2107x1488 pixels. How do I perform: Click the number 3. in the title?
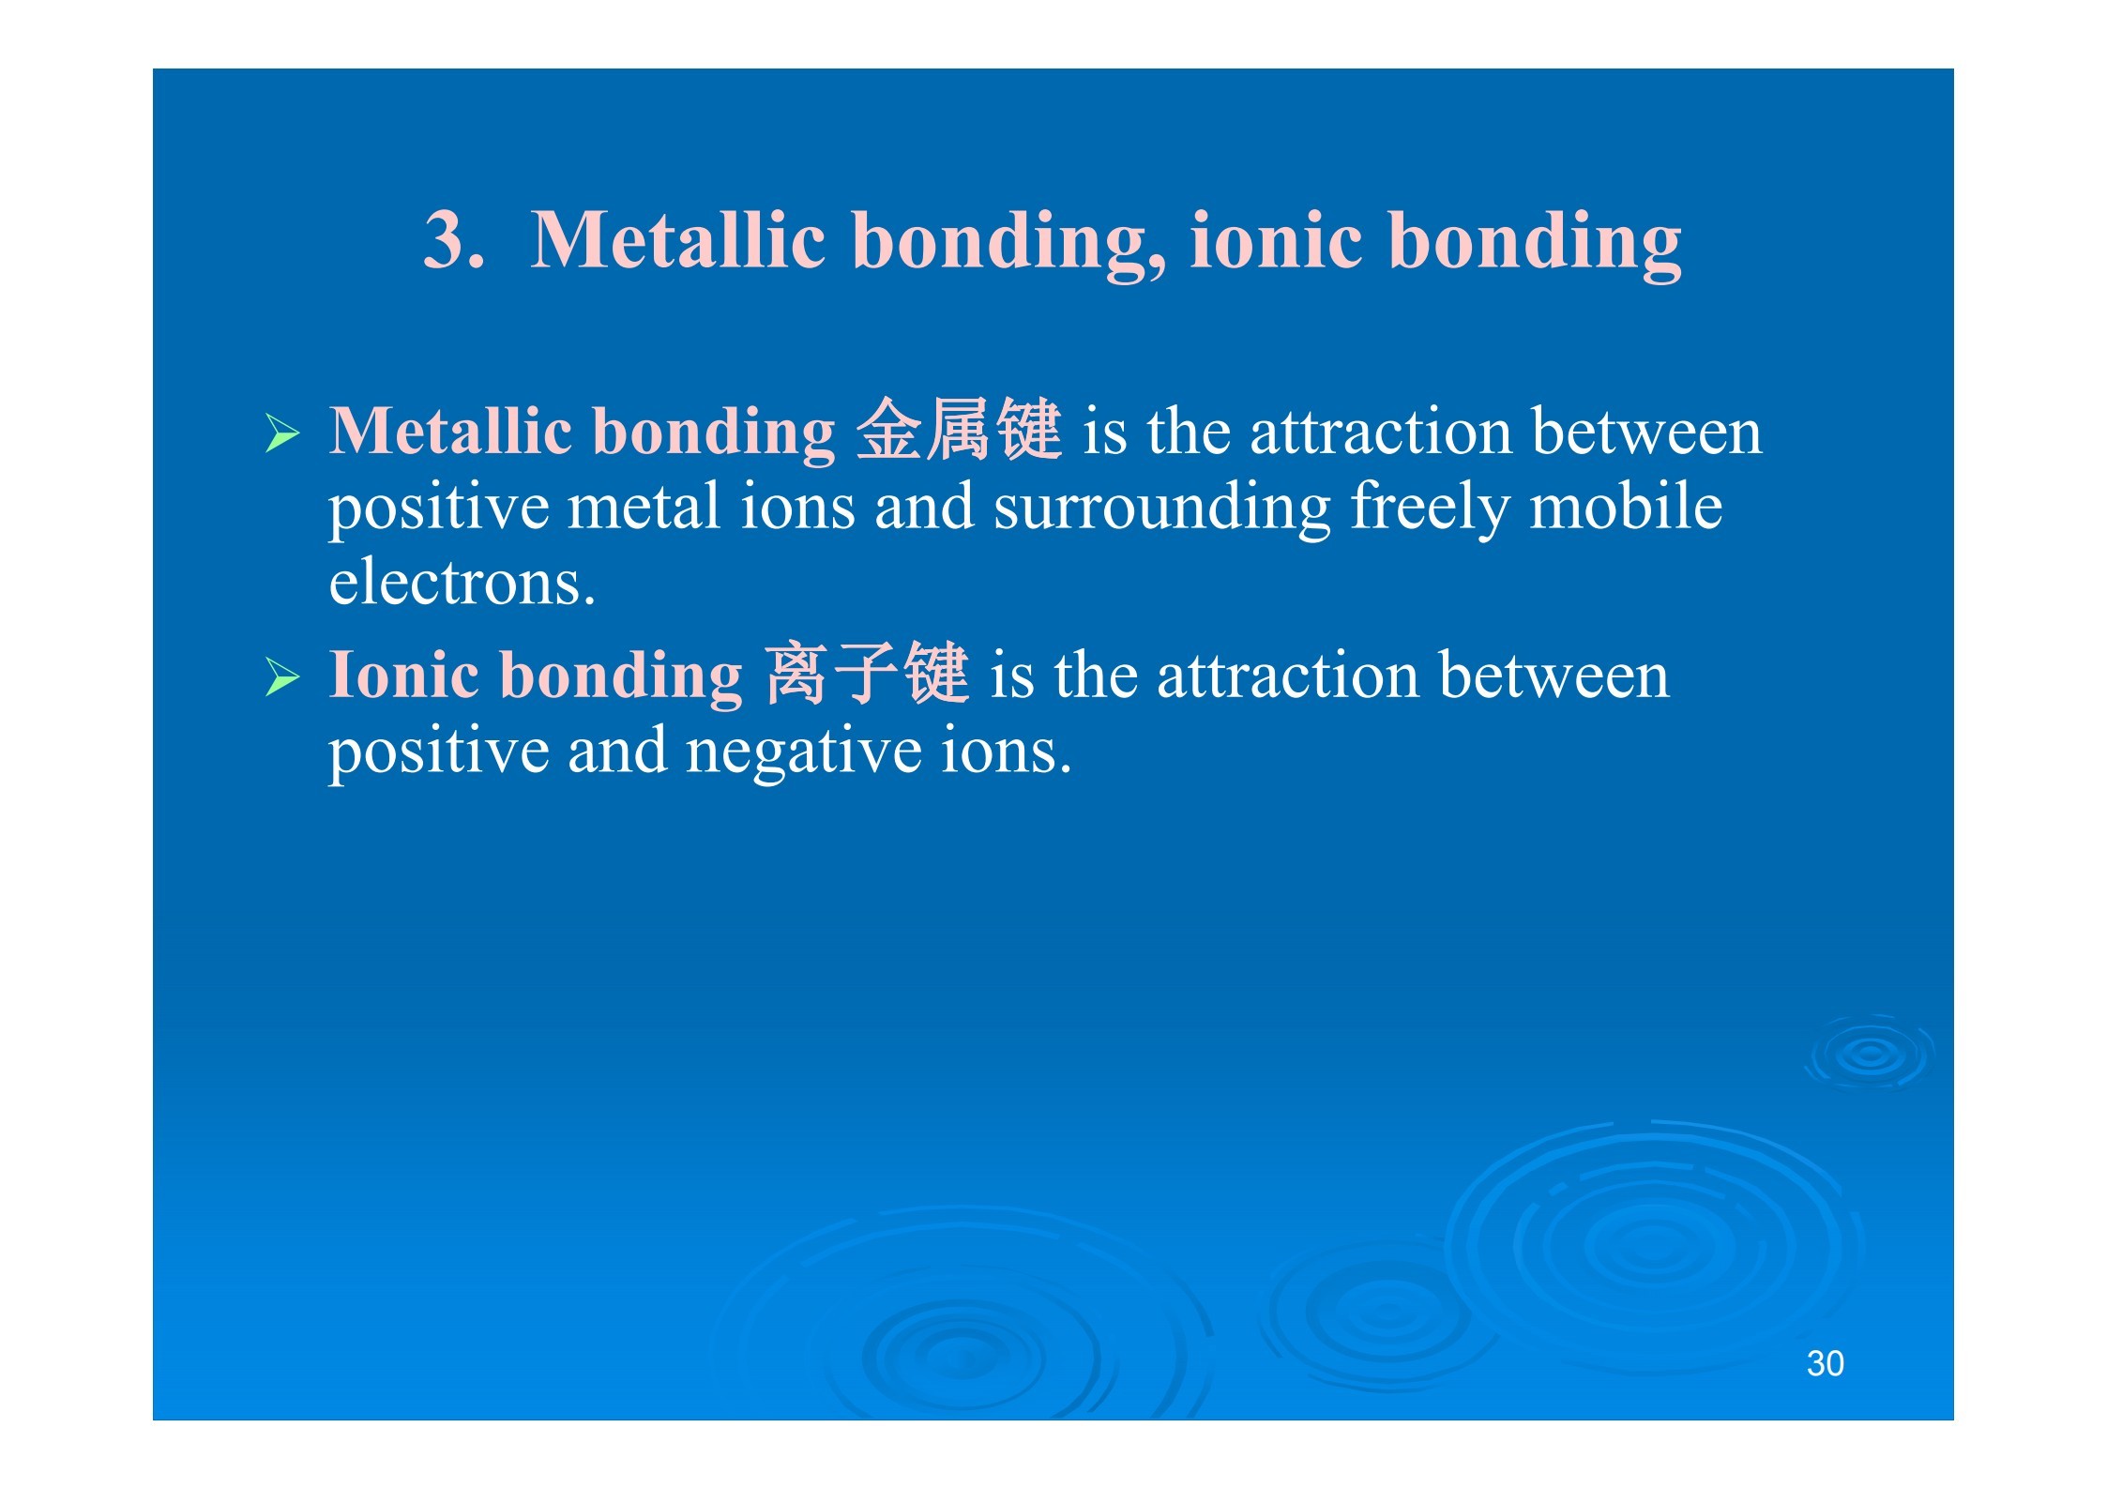pyautogui.click(x=454, y=239)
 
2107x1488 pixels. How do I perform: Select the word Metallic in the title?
pyautogui.click(x=678, y=239)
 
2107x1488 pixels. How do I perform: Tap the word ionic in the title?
pyautogui.click(x=1277, y=239)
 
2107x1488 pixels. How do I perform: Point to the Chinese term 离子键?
pyautogui.click(x=866, y=674)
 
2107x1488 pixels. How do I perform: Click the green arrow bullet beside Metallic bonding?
pyautogui.click(x=282, y=433)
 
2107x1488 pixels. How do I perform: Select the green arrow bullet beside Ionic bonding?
pyautogui.click(x=282, y=677)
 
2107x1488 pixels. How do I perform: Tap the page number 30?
pyautogui.click(x=1825, y=1363)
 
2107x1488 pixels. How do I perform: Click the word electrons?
pyautogui.click(x=462, y=584)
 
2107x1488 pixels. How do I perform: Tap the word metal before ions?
pyautogui.click(x=644, y=506)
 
